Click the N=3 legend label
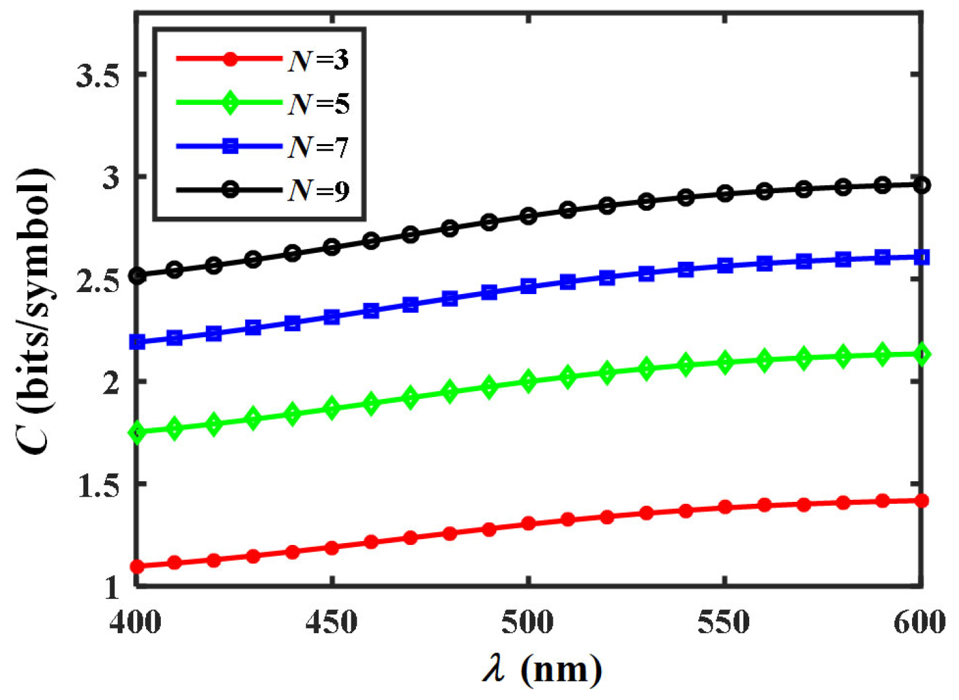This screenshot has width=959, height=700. [x=318, y=60]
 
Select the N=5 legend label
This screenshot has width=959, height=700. [x=318, y=104]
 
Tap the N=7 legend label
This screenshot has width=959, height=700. [x=318, y=147]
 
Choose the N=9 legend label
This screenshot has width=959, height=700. [x=318, y=190]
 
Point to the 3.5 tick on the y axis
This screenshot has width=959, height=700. [x=98, y=77]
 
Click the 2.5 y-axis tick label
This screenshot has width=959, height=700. [x=98, y=281]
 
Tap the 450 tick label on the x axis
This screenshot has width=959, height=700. [x=331, y=622]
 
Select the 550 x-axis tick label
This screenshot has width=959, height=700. [x=724, y=622]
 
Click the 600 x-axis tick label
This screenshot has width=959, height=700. [x=920, y=622]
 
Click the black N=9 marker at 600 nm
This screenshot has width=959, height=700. [x=922, y=185]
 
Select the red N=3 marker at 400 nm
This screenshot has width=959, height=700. [x=136, y=567]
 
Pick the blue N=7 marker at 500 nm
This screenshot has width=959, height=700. [x=528, y=286]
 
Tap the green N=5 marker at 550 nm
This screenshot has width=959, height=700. [x=725, y=362]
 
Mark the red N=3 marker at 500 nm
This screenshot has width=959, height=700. [x=528, y=523]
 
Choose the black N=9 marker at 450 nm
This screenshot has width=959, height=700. [x=332, y=247]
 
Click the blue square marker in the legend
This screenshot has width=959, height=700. [x=230, y=147]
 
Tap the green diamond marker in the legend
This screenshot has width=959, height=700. [x=230, y=103]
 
